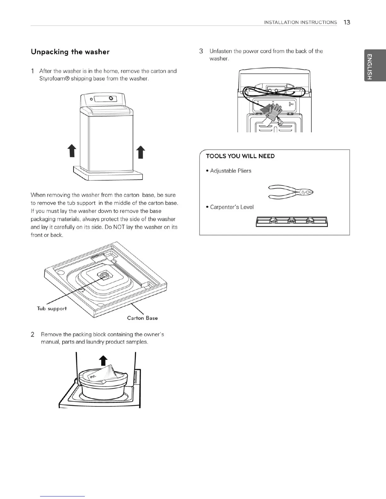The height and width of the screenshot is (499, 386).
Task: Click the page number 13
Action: (347, 22)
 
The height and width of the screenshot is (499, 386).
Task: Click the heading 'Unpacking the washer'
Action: (70, 52)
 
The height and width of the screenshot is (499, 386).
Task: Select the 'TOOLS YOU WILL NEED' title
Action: (240, 156)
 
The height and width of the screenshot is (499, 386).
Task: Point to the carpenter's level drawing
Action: (292, 222)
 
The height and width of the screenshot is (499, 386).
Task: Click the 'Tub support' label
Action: (52, 308)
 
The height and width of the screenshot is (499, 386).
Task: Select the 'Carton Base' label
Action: (142, 318)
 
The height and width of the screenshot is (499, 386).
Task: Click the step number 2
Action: (32, 335)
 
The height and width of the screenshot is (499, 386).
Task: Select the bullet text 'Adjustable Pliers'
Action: (231, 171)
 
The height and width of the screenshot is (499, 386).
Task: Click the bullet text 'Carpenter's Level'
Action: (232, 207)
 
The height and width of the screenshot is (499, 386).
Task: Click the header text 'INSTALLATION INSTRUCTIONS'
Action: (300, 22)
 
